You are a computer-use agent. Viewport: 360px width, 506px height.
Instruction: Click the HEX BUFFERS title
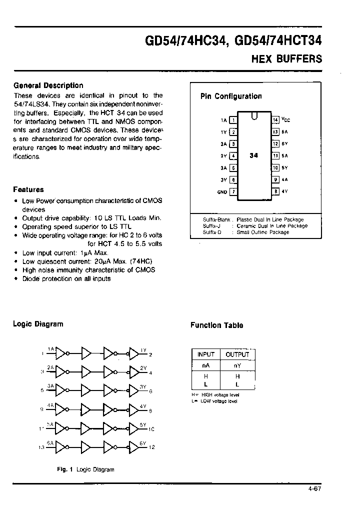(286, 58)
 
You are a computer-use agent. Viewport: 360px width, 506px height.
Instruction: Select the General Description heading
(48, 85)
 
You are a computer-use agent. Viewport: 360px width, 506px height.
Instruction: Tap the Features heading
(28, 189)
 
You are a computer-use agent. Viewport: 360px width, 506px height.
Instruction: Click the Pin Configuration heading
(231, 96)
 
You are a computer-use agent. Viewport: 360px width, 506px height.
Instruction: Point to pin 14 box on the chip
(275, 120)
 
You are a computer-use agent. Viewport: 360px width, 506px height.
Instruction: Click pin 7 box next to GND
(233, 192)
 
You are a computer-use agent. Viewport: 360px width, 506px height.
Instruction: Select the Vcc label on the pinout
(285, 120)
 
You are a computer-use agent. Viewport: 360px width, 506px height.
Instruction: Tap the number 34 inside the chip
(254, 155)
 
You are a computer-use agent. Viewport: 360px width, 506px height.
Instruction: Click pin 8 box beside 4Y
(275, 191)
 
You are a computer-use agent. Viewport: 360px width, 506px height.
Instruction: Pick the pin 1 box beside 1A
(233, 120)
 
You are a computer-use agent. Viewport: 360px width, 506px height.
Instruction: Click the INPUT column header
(206, 354)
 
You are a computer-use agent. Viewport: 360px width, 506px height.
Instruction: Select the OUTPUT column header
(237, 354)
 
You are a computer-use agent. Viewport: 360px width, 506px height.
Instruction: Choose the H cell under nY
(237, 376)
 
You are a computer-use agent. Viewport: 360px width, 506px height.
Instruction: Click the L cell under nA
(206, 384)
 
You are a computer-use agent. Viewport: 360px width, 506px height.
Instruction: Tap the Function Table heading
(216, 325)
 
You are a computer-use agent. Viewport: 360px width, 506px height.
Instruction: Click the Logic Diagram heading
(38, 324)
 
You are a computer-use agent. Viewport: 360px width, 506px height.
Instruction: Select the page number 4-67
(314, 488)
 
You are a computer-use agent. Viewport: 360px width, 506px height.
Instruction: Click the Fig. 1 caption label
(64, 469)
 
